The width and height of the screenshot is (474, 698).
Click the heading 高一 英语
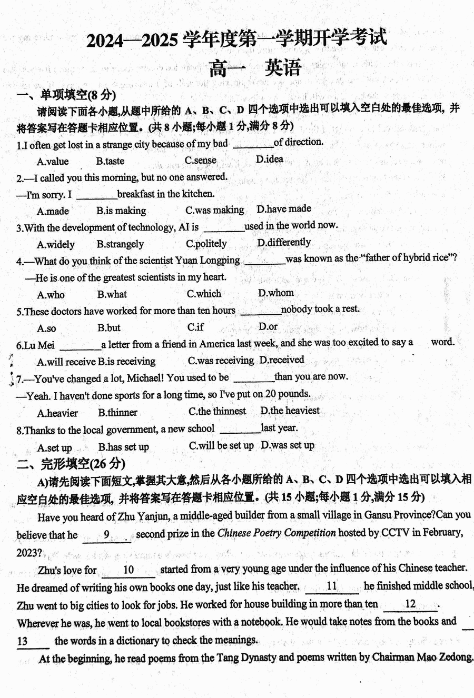(x=255, y=68)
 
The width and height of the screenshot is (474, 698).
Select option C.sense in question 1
(x=200, y=161)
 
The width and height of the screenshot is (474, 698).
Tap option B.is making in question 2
(x=121, y=211)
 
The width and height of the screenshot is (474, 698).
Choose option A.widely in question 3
(x=56, y=245)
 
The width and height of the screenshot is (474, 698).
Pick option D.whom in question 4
(x=276, y=293)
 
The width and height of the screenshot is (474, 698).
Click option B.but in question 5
(x=109, y=328)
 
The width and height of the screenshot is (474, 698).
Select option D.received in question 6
(x=282, y=360)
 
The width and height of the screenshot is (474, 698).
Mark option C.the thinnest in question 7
(x=217, y=412)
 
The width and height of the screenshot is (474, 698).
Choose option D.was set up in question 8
(x=288, y=445)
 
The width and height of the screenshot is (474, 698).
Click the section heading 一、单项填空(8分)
(x=66, y=95)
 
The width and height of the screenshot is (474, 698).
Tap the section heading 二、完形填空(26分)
(x=71, y=464)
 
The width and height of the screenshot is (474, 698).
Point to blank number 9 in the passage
(x=107, y=535)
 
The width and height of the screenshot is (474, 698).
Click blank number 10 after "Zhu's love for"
(x=129, y=570)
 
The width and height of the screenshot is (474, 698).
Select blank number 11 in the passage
(x=332, y=586)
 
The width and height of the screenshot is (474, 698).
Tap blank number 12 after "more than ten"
(x=410, y=604)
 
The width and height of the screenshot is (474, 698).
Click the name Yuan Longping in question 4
(x=214, y=260)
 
